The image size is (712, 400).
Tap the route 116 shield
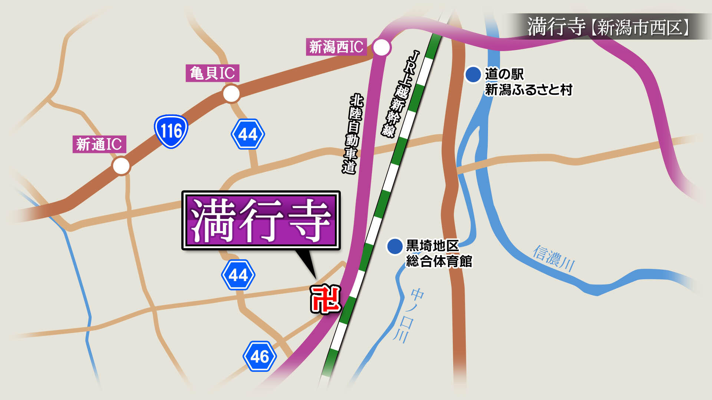point(171,131)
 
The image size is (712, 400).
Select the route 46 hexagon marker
point(260,356)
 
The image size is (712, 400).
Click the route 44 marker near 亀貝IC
point(248,134)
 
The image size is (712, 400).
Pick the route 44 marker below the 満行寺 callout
point(238,275)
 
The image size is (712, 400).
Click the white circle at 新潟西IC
point(381,47)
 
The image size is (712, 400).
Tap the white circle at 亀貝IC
point(231,94)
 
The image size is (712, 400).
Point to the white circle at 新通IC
point(121,166)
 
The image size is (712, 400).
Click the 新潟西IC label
point(336,47)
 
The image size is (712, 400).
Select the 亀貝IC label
point(212,73)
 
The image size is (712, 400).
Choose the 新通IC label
point(99,144)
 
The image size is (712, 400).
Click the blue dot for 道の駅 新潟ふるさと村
point(473,74)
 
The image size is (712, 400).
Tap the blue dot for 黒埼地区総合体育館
point(395,246)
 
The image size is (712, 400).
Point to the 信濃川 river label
point(554,258)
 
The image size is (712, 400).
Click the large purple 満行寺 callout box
point(261,221)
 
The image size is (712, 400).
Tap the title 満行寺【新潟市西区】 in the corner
point(608,27)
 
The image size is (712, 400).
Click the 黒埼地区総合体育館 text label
point(439,253)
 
